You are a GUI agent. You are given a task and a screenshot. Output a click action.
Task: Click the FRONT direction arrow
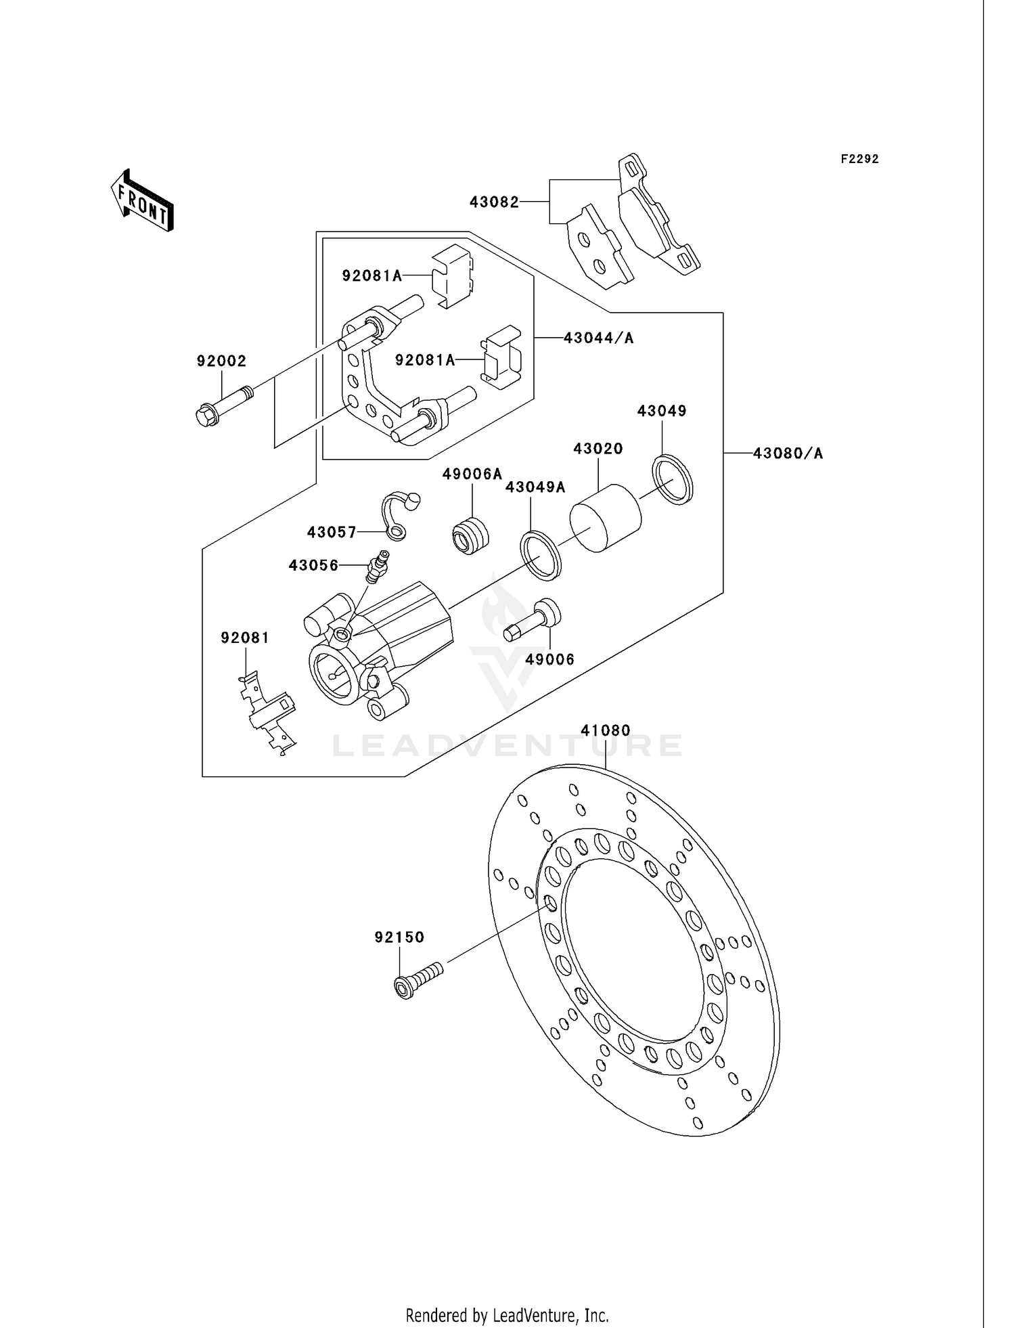(143, 201)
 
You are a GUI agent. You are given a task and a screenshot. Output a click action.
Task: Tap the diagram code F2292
(859, 159)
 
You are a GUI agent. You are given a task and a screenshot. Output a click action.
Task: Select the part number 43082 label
(494, 202)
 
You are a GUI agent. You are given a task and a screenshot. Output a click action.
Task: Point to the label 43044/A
(598, 338)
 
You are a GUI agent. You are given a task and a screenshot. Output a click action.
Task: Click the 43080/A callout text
(788, 453)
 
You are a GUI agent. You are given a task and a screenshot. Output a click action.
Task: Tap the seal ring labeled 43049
(673, 480)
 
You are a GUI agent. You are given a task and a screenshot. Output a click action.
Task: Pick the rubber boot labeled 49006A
(470, 535)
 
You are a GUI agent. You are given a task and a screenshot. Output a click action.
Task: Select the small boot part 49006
(533, 620)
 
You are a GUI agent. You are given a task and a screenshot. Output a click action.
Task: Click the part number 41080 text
(605, 730)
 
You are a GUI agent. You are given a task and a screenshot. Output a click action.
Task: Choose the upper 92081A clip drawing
(452, 275)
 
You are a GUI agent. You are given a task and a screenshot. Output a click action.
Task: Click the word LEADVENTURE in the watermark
(507, 746)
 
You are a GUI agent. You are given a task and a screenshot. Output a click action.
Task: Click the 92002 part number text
(221, 361)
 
